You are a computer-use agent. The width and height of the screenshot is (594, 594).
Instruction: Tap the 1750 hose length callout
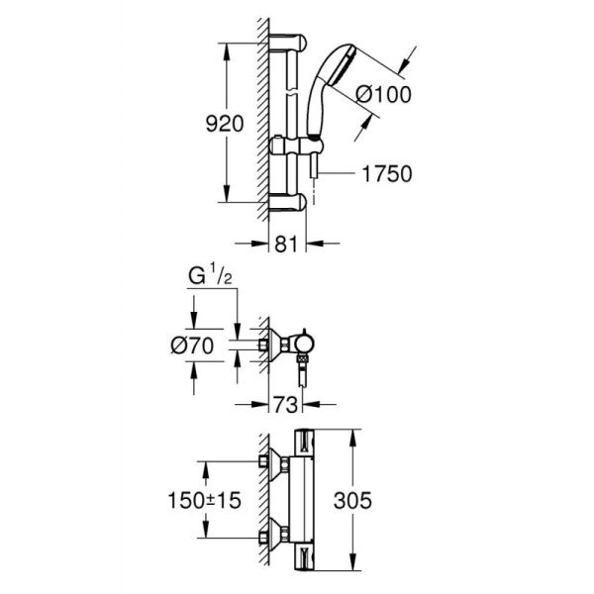[x=384, y=173]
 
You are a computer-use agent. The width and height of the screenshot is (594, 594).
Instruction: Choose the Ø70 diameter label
[x=204, y=347]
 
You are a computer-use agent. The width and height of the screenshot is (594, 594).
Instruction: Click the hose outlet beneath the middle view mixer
[x=301, y=376]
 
